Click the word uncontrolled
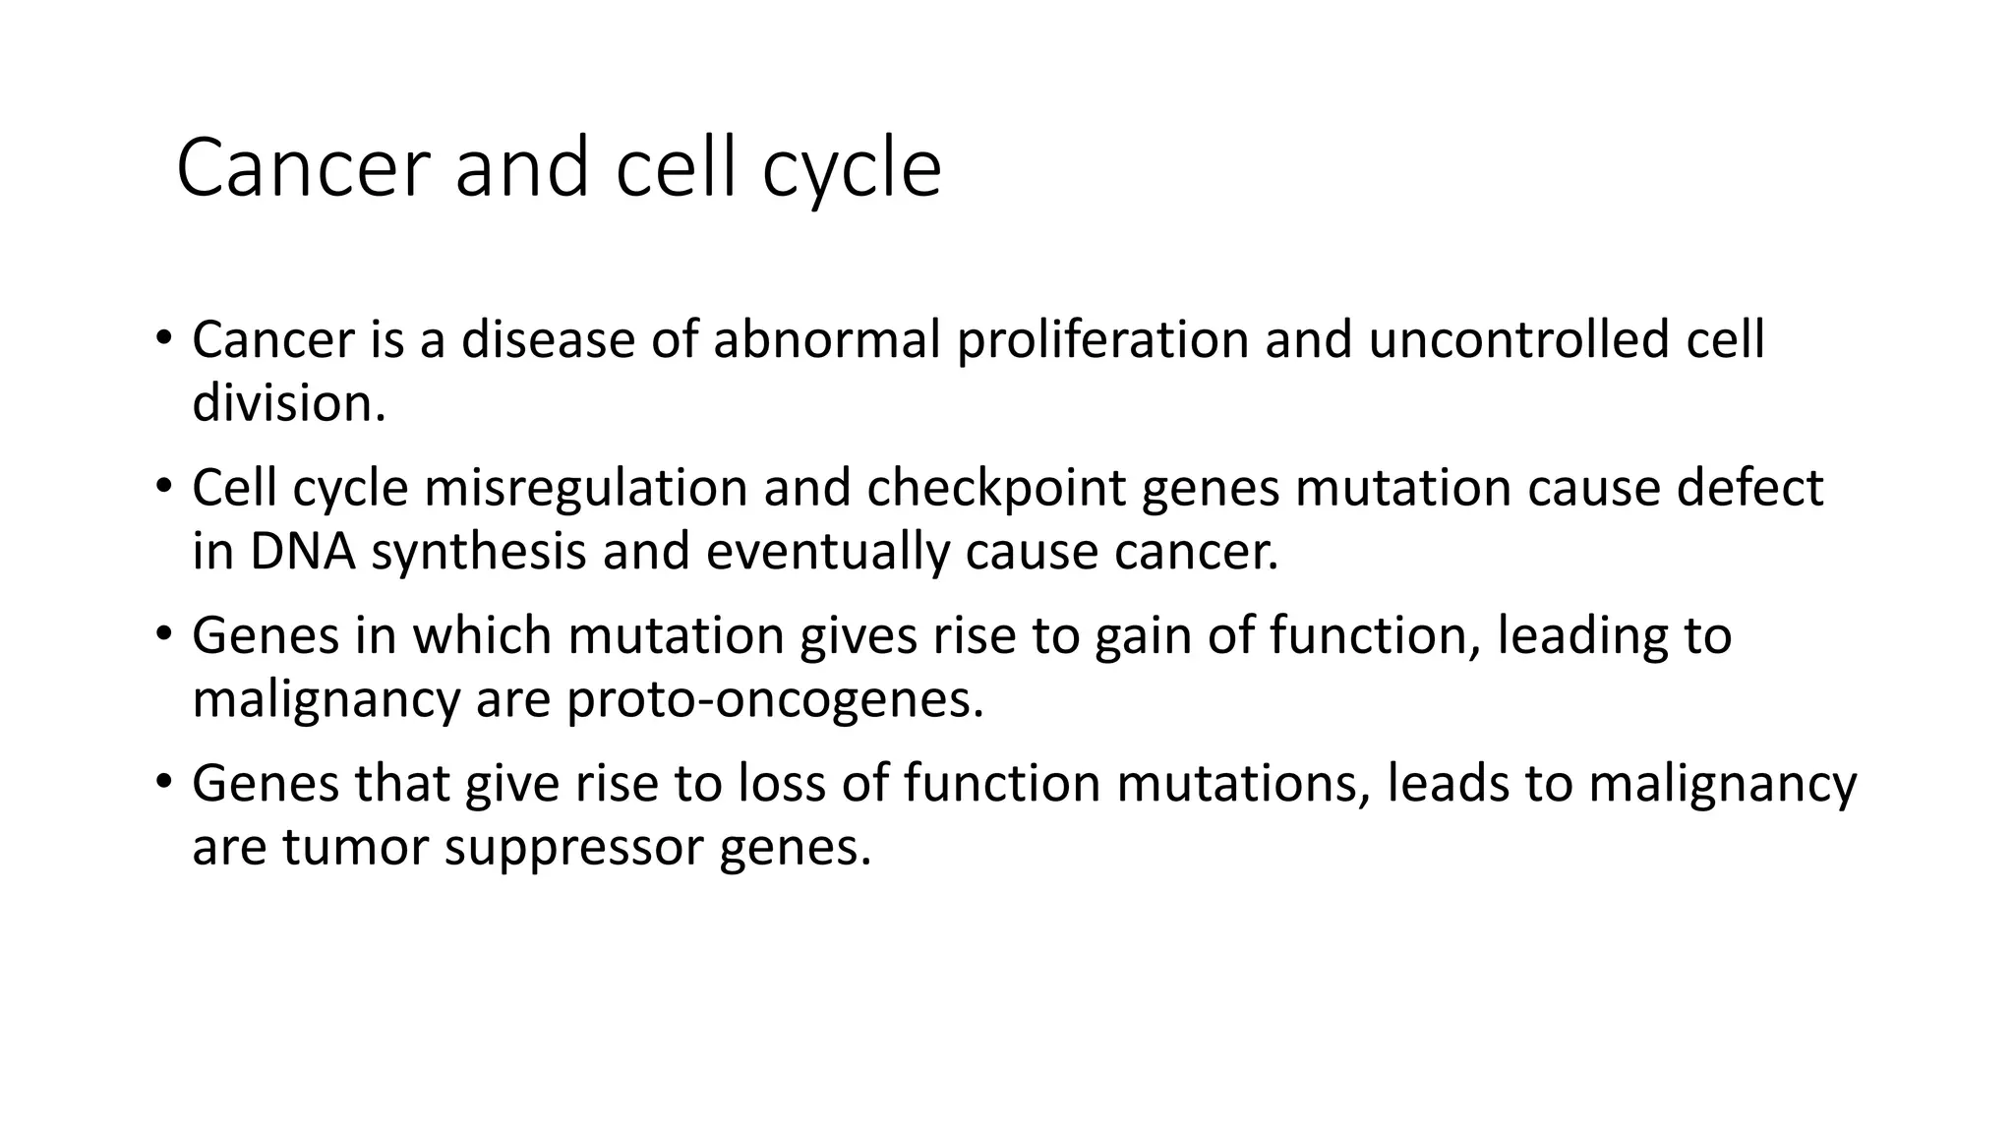coord(1518,340)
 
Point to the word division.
coord(287,403)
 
